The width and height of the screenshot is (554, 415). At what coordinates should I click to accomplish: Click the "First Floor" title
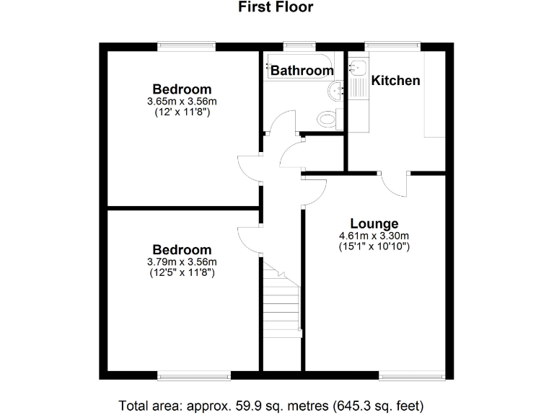point(276,8)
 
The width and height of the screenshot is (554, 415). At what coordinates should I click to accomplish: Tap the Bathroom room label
point(302,71)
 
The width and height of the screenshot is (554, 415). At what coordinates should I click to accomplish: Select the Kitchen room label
point(395,80)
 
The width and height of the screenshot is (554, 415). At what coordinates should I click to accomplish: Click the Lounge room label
point(374,223)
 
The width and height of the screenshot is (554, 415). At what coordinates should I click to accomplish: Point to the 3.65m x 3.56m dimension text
point(182,102)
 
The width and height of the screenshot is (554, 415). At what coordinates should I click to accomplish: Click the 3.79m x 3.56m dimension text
point(182,262)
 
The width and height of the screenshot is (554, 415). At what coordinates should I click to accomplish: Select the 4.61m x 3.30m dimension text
point(374,236)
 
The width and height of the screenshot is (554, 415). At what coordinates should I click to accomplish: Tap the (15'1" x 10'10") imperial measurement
point(374,246)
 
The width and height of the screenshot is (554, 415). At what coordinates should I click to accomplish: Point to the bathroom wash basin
point(336,91)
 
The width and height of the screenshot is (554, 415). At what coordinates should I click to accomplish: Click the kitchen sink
point(359,68)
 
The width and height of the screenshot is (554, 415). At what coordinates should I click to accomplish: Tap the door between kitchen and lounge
point(395,183)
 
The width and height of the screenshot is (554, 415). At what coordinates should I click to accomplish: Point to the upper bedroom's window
point(187,47)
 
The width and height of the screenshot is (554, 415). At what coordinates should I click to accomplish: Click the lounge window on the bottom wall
point(411,375)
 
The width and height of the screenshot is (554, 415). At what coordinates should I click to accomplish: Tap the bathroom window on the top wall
point(296,47)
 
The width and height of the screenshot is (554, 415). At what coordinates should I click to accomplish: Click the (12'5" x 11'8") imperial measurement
point(182,273)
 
